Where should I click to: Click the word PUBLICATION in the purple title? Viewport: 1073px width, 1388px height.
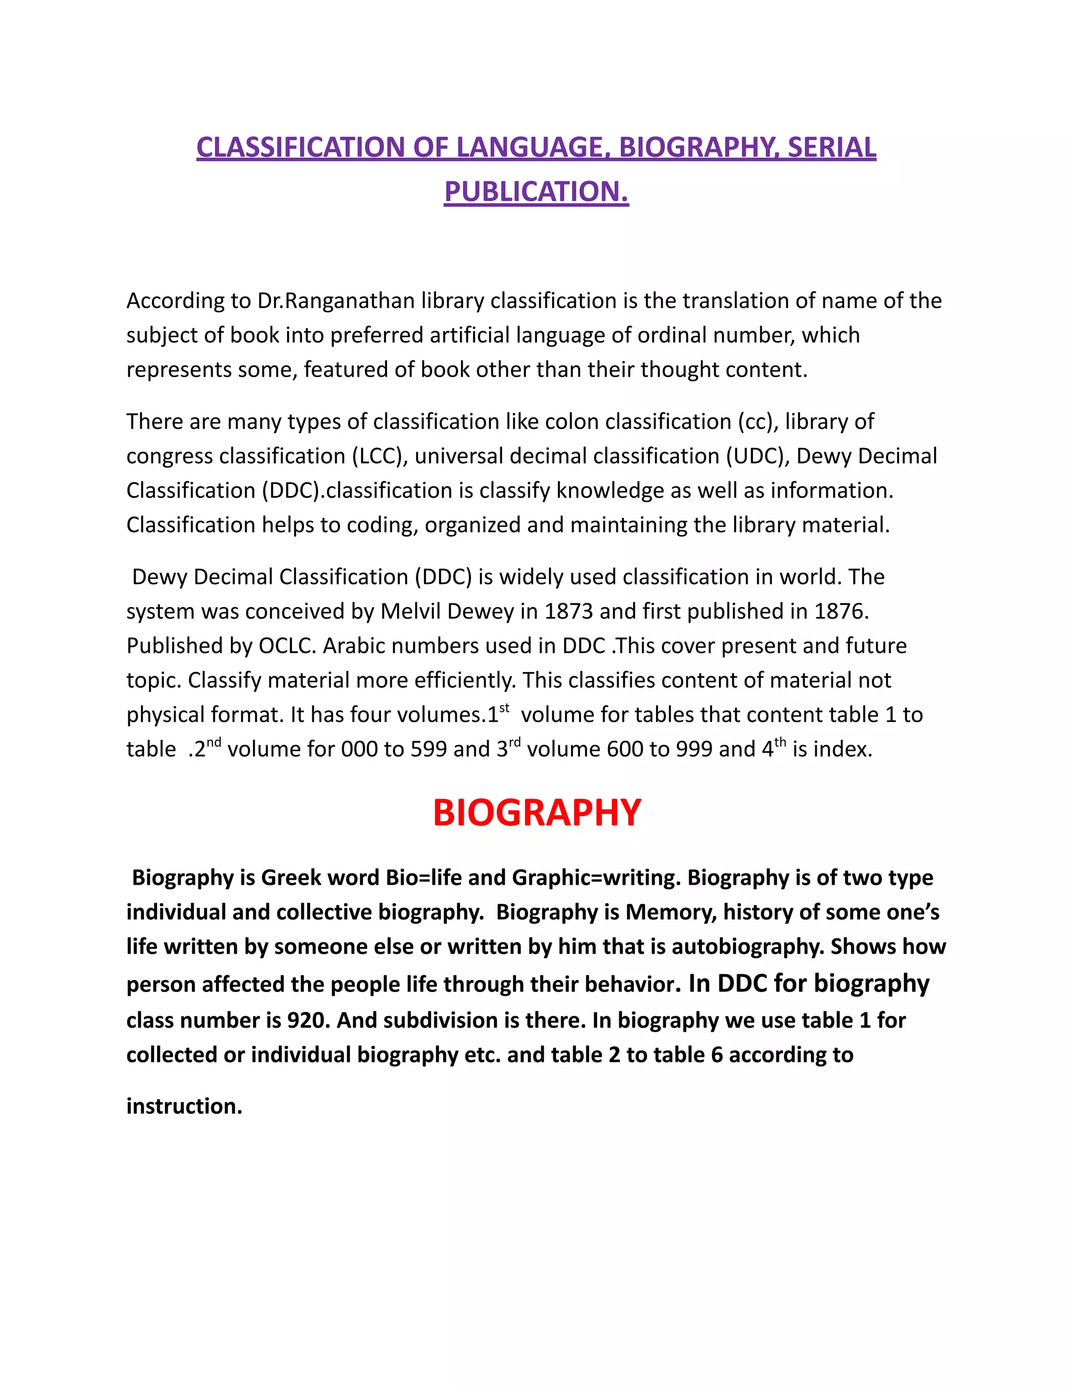[536, 192]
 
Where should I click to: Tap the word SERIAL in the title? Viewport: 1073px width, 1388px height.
[831, 148]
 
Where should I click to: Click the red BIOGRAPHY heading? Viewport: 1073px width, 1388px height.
[537, 813]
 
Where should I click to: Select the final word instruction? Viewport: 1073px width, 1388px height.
[184, 1106]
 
